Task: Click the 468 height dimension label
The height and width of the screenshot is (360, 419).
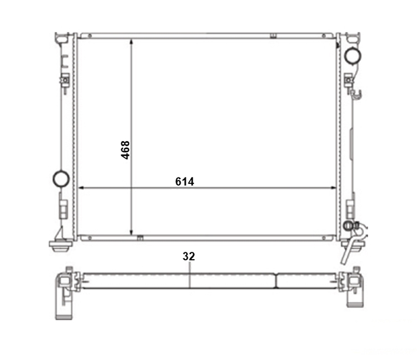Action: click(x=125, y=150)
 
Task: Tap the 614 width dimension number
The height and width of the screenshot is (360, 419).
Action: click(x=185, y=181)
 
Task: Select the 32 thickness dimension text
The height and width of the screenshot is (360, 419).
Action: click(x=189, y=256)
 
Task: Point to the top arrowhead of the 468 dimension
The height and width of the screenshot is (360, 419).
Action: click(x=131, y=41)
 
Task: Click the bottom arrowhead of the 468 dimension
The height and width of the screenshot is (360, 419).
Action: click(x=131, y=232)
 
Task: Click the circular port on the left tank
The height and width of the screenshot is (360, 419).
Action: click(x=61, y=179)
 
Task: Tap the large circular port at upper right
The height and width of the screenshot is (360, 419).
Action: click(x=353, y=56)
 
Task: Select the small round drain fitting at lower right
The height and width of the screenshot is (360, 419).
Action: click(x=348, y=226)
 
